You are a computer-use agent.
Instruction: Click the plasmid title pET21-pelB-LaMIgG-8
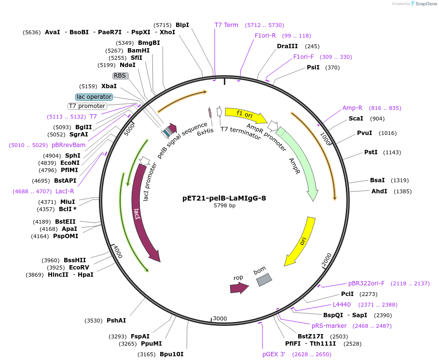224,198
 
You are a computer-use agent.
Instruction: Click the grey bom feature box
264,280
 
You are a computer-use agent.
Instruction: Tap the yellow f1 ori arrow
246,115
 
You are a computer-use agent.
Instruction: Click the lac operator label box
94,97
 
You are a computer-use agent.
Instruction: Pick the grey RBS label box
120,76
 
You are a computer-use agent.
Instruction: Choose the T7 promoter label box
87,106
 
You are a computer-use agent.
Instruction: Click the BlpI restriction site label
182,25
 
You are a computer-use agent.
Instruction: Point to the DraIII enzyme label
287,46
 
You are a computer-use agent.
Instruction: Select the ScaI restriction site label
356,119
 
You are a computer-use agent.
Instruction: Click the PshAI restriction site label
116,321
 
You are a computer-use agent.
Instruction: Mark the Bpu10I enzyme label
171,354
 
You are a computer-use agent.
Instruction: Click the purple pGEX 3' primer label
274,354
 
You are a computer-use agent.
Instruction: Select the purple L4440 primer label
342,305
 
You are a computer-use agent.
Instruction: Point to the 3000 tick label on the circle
219,319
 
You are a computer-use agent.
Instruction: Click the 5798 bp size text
224,205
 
